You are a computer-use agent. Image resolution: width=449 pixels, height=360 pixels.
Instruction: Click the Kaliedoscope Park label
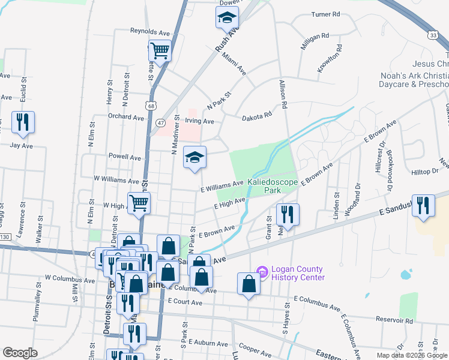pos(273,185)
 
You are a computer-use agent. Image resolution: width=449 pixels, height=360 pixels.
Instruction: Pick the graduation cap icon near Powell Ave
pos(194,158)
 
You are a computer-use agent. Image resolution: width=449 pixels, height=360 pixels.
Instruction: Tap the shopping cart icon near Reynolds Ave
pos(160,51)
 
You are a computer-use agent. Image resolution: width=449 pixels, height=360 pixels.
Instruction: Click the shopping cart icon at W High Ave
pos(139,203)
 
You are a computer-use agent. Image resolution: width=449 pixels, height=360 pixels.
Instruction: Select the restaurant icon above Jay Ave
pos(23,122)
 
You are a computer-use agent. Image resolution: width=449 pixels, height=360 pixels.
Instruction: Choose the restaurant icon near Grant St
pos(287,214)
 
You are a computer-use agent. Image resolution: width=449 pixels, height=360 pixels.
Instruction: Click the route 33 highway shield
pos(433,35)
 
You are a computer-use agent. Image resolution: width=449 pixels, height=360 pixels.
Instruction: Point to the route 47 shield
pos(160,122)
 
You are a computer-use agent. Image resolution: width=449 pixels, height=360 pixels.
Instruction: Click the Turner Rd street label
pos(326,14)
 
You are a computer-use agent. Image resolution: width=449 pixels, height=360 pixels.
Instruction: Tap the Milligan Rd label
pos(316,36)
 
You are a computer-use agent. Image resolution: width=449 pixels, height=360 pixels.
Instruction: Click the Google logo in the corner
pos(20,353)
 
